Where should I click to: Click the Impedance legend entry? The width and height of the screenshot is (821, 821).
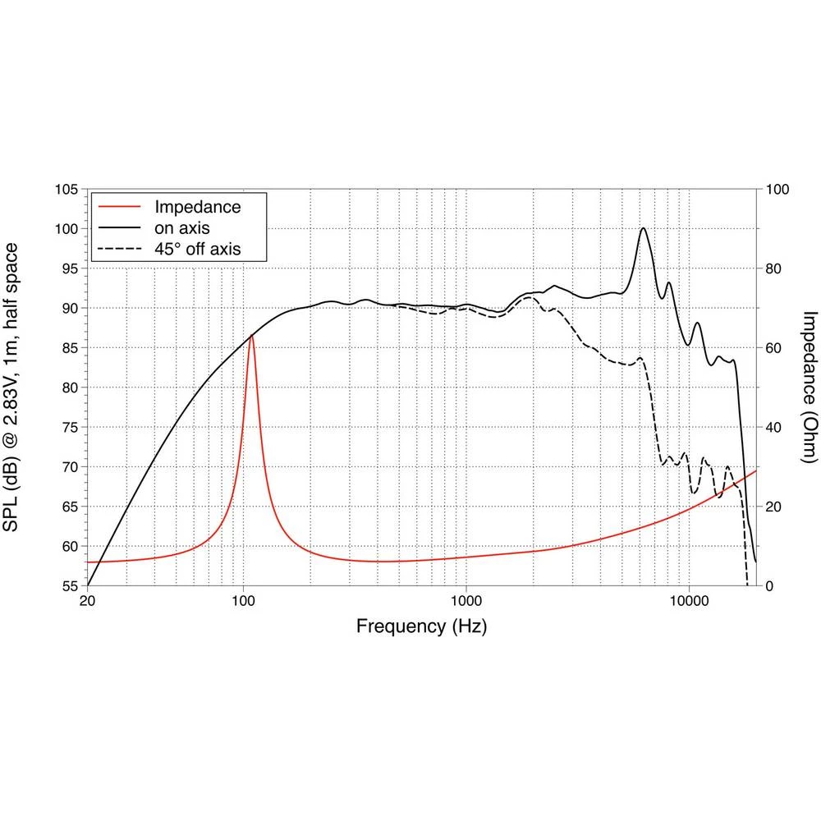(x=198, y=207)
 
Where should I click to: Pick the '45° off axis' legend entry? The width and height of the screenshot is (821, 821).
(x=197, y=248)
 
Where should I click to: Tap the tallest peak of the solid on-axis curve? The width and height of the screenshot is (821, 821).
(x=644, y=228)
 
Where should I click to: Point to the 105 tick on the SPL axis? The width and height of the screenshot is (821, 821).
(x=67, y=190)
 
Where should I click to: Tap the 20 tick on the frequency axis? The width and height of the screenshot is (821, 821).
(x=88, y=601)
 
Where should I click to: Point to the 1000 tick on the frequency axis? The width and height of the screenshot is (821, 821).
(x=466, y=601)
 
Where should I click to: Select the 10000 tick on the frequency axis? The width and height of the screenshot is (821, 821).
(x=689, y=601)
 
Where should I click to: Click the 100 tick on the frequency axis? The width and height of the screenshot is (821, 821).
(x=244, y=601)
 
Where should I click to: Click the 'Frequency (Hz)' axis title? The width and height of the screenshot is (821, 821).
(x=421, y=627)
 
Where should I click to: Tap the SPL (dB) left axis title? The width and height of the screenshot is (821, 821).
(x=18, y=388)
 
